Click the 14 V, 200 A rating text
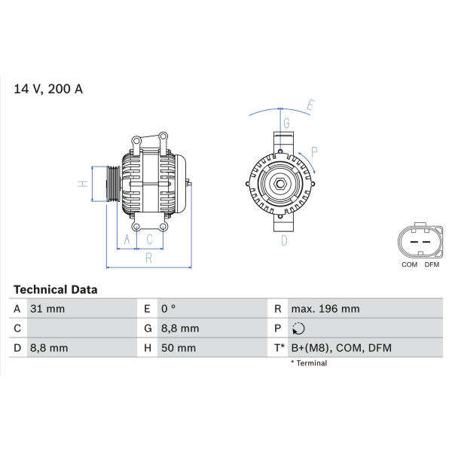coord(48,89)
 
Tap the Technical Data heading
coord(55,290)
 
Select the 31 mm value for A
coord(47,309)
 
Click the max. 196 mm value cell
coord(325,309)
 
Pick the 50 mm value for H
coord(179,348)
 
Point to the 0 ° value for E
coord(168,309)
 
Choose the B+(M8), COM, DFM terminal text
coord(341,348)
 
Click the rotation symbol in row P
coord(298,328)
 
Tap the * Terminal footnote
coord(309,363)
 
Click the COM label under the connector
coord(409,264)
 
